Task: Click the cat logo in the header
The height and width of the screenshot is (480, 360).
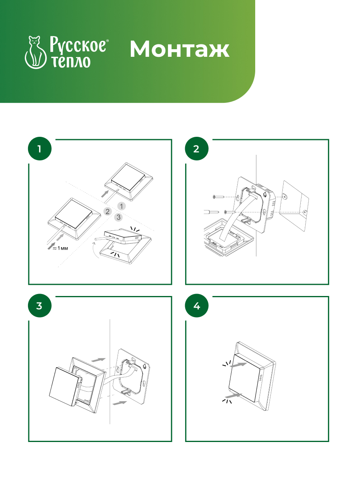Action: (36, 52)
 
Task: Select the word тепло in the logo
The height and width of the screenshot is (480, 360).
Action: (71, 62)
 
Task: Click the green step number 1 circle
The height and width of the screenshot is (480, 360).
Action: (40, 149)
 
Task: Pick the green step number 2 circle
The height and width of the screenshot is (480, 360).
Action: (196, 149)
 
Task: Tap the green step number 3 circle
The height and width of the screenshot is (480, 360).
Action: (40, 306)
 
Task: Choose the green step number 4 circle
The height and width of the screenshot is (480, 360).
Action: (196, 306)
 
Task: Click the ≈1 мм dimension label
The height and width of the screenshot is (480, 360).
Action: (60, 248)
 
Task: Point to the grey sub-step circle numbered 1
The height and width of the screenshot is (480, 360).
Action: (121, 206)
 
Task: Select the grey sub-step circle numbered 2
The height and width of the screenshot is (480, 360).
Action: (107, 212)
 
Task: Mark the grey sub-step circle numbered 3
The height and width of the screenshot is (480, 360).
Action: (118, 217)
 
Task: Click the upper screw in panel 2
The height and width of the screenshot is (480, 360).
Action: (218, 197)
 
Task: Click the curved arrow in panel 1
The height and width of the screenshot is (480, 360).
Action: (95, 250)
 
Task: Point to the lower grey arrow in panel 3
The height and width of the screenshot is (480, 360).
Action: (120, 403)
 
